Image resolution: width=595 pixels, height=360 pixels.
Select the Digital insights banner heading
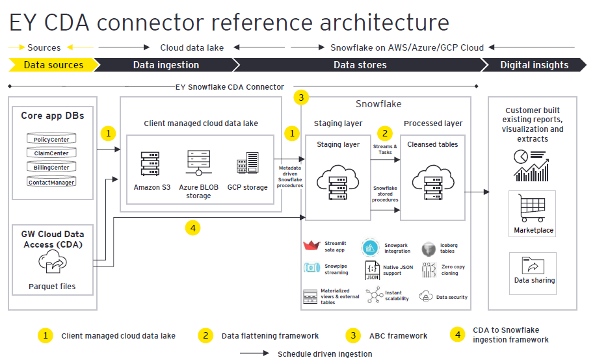534,65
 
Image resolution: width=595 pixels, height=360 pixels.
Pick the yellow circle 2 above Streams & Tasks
385,133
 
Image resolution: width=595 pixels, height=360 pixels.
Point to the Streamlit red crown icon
312,248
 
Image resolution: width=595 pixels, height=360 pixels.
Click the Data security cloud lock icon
426,296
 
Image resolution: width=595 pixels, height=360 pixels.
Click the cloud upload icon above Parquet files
52,263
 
